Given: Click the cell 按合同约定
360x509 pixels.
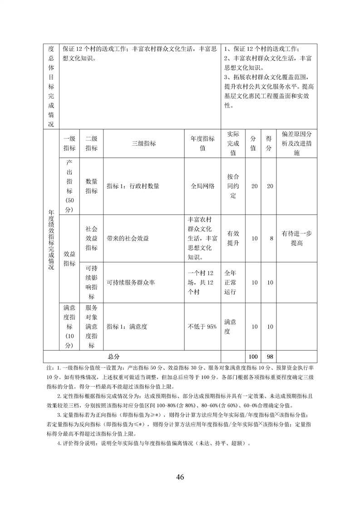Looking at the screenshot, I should coord(233,186).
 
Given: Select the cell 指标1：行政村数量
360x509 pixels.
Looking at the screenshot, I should coord(133,186).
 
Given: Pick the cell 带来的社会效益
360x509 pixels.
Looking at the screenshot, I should coord(128,238).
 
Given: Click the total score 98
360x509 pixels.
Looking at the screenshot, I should coord(270,356).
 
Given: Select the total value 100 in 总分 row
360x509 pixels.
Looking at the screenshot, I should coord(253,356).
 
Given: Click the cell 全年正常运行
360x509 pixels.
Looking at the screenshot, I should coord(233,282).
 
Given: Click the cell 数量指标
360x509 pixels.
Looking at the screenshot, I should coord(91,186).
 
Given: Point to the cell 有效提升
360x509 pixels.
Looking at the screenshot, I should coord(233,238).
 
